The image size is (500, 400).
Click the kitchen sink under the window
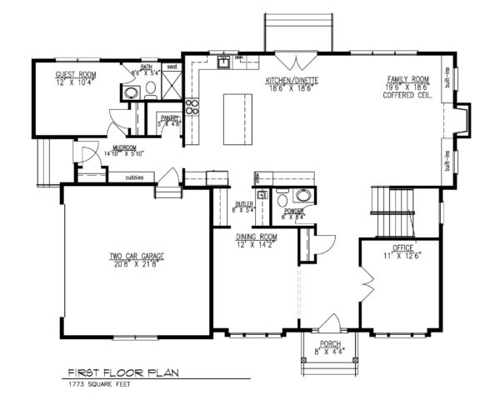[x=223, y=62]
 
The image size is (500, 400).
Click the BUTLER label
[x=244, y=203]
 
